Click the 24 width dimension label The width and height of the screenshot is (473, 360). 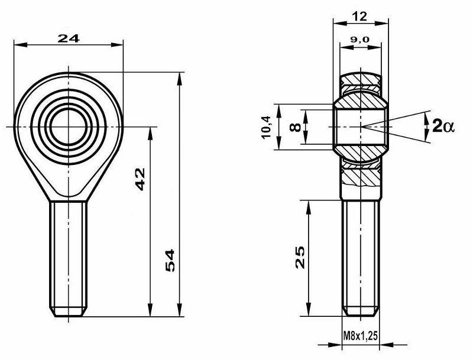[x=68, y=38]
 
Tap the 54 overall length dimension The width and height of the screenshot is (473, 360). [x=169, y=261]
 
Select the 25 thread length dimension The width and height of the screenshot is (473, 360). [x=300, y=257]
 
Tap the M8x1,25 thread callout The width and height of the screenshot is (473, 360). [x=361, y=336]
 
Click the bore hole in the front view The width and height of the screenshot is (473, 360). [x=70, y=127]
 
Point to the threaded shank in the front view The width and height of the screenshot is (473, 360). [x=70, y=254]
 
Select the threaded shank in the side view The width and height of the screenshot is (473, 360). [x=361, y=254]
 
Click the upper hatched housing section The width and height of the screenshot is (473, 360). [x=361, y=83]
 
